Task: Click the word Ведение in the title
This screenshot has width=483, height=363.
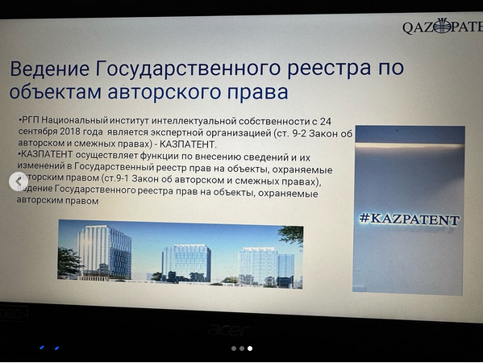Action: point(50,69)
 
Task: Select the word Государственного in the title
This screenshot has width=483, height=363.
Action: point(188,68)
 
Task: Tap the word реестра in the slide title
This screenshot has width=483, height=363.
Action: point(329,69)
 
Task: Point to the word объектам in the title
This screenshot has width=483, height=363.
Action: point(55,91)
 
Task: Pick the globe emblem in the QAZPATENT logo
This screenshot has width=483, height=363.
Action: point(443,25)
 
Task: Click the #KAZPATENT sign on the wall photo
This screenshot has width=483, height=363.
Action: point(410,219)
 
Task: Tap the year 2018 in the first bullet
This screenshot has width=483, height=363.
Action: point(70,131)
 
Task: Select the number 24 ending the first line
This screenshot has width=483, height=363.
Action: point(325,122)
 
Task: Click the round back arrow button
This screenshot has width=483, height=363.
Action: point(19,181)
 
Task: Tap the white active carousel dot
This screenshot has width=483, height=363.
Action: point(250,348)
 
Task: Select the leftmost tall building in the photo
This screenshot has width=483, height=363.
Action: point(105,252)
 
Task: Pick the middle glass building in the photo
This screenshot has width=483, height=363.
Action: point(186,262)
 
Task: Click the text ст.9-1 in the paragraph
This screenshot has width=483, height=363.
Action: point(115,178)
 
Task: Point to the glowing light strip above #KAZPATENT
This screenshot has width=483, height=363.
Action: point(410,145)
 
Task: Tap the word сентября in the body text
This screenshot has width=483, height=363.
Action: point(38,131)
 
